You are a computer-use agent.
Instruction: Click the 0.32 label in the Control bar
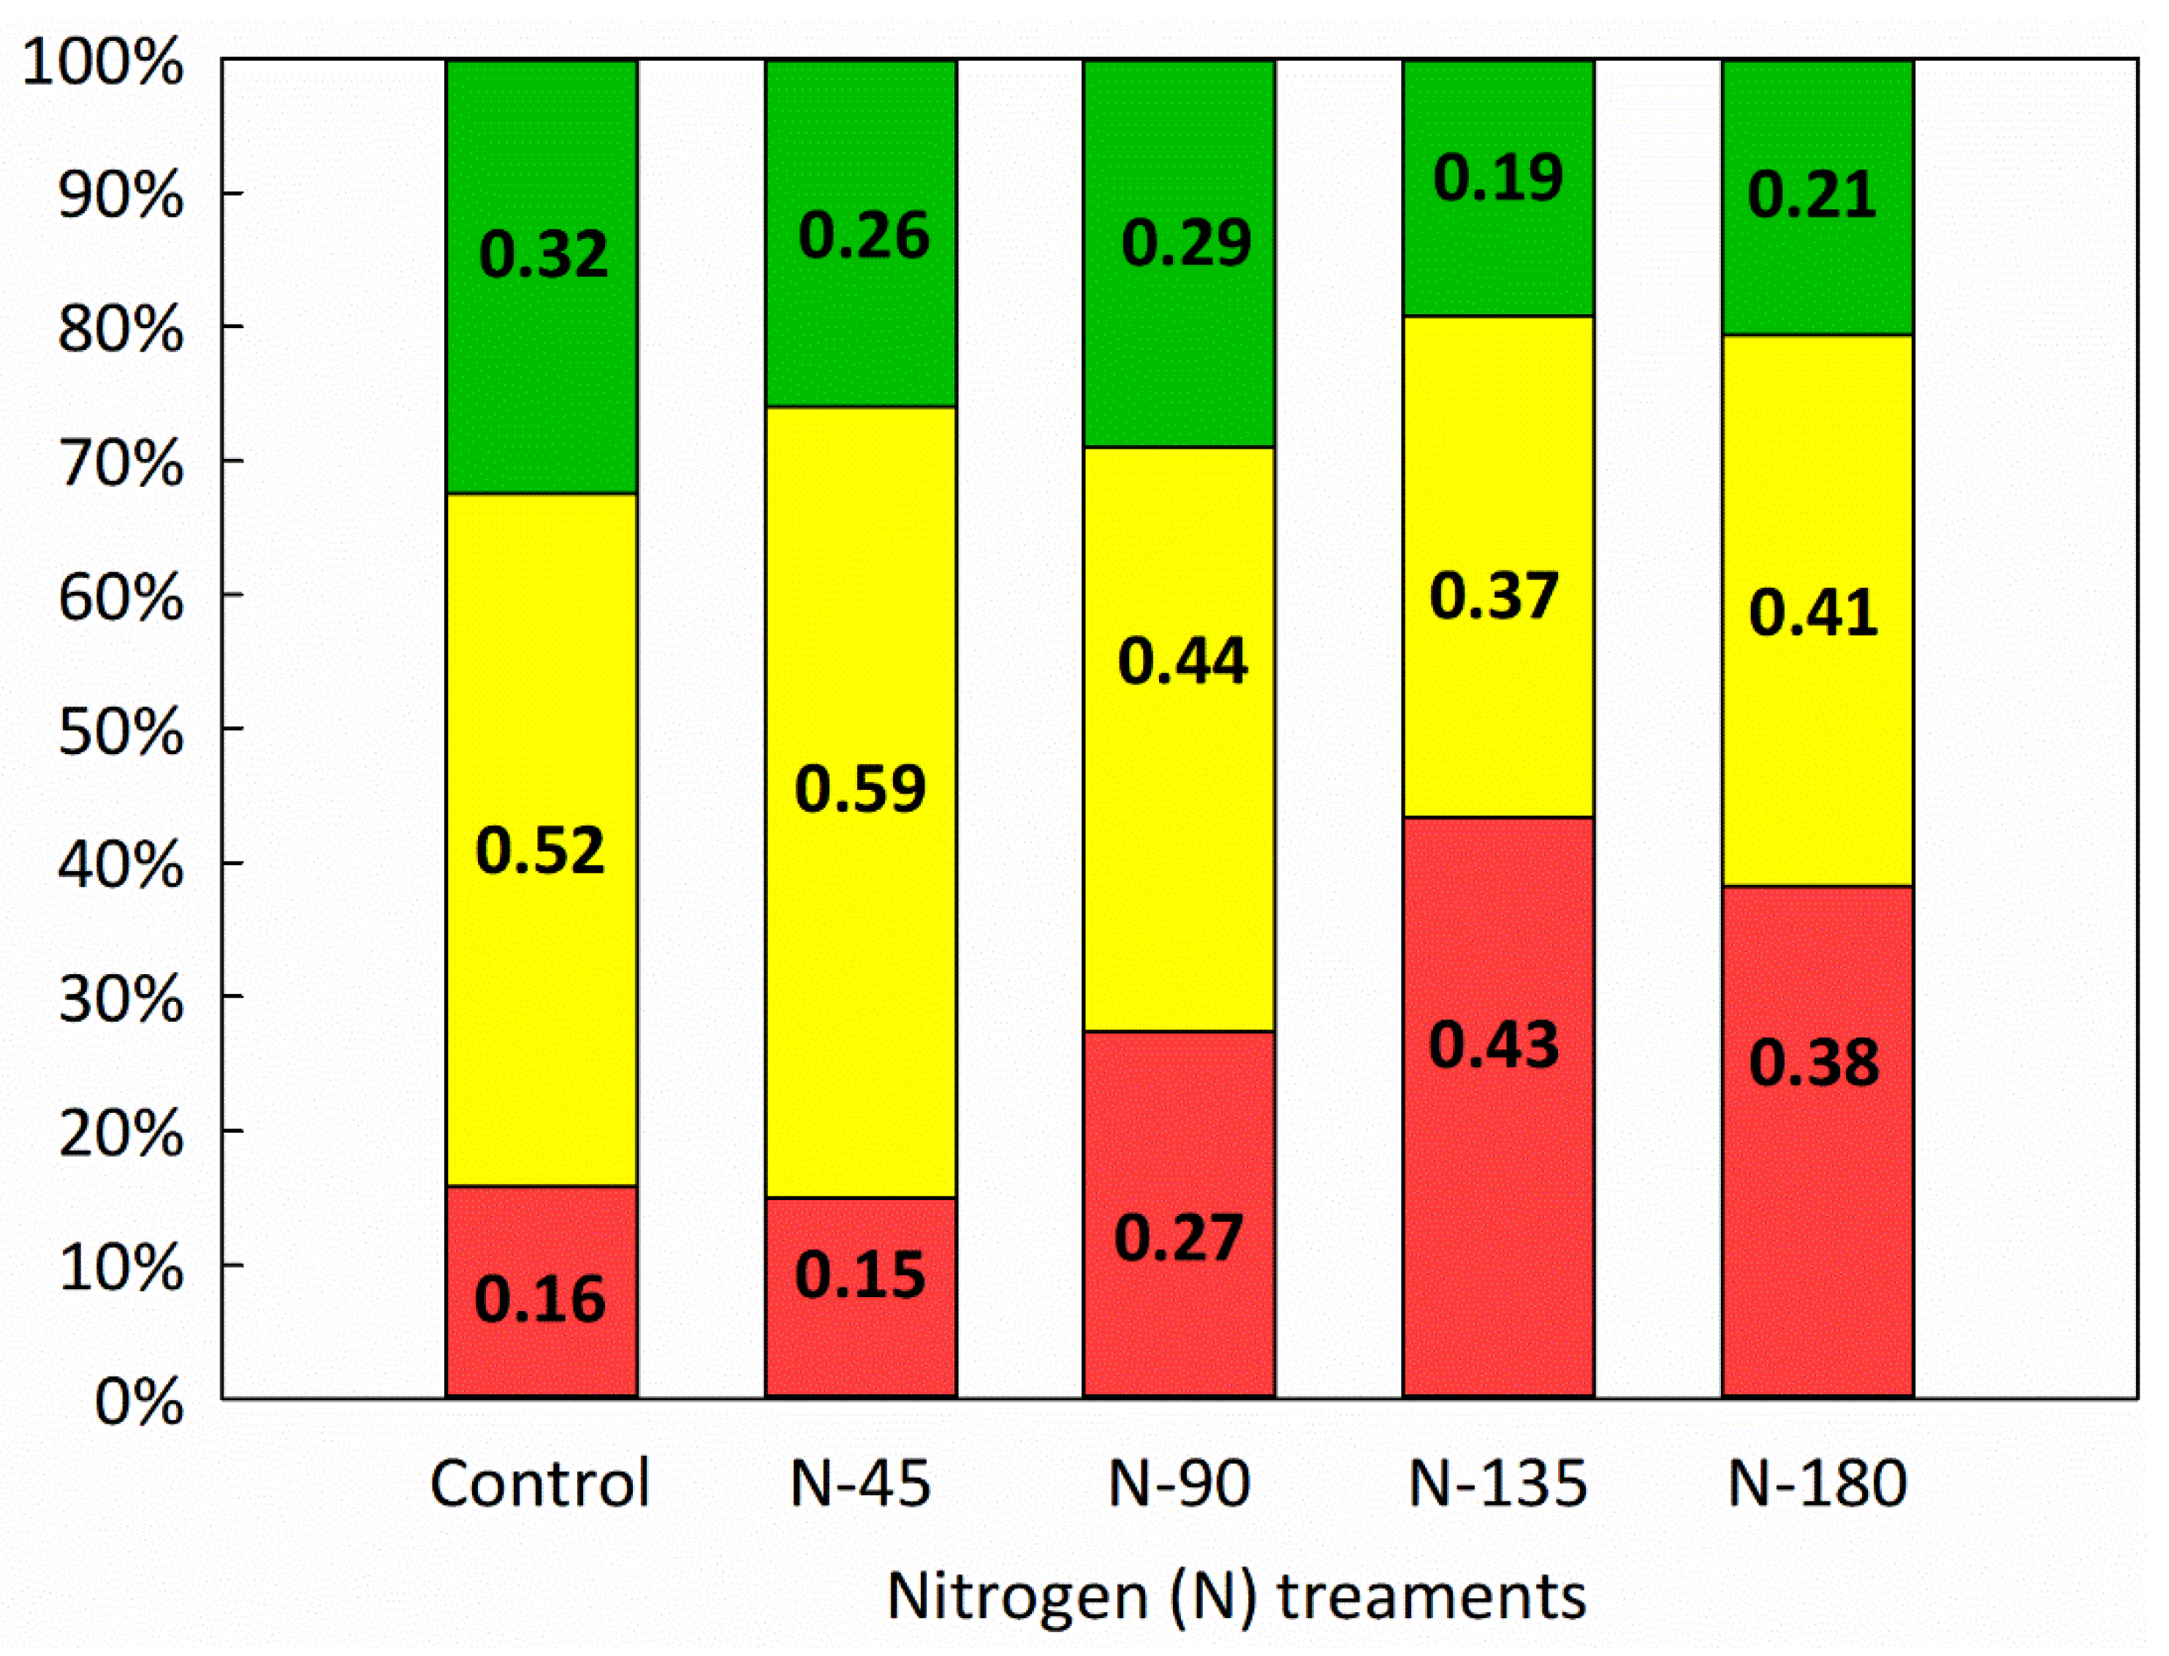coord(543,254)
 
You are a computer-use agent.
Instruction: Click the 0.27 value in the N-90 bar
coord(1179,1238)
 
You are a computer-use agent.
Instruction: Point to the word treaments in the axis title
coord(1432,1596)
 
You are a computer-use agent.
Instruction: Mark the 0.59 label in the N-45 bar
coord(860,789)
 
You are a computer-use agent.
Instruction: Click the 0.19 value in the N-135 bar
coord(1498,178)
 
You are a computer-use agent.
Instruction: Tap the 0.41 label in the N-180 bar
coord(1813,612)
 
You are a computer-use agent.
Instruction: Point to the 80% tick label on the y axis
coord(121,330)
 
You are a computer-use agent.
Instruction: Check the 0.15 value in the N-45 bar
coord(859,1275)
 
